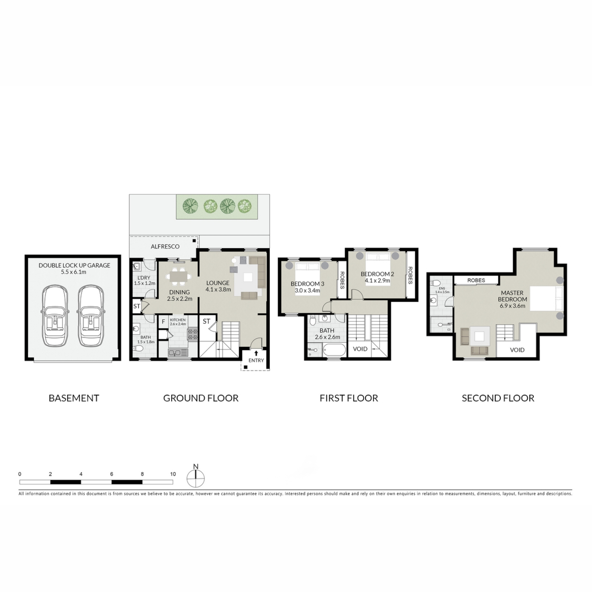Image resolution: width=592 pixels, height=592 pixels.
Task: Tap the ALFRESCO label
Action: [165, 246]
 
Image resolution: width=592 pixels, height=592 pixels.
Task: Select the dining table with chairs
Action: [179, 276]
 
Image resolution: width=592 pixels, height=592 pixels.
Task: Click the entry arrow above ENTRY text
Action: [256, 353]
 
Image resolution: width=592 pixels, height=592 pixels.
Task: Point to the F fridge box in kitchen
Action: [163, 322]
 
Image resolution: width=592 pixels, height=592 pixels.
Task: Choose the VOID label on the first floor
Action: [360, 349]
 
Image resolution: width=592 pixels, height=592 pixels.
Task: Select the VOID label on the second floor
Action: [517, 350]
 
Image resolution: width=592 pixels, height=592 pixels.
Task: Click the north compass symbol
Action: [195, 478]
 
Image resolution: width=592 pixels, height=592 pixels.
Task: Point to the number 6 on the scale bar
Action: [112, 474]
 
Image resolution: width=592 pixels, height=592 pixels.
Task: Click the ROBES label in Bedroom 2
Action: [410, 275]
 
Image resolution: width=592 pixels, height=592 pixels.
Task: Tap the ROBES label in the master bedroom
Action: [476, 280]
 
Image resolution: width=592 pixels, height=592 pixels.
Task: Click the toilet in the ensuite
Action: [436, 283]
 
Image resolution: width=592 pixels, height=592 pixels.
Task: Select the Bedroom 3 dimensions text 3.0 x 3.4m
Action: [307, 290]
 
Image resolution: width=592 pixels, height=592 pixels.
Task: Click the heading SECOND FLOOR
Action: [498, 398]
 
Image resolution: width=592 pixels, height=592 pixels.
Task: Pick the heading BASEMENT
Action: [74, 398]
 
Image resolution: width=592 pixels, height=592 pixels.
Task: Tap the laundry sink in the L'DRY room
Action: [137, 266]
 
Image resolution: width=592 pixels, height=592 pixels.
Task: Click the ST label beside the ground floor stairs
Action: [206, 321]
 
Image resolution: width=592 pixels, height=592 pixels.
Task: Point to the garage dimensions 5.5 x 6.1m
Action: [74, 272]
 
